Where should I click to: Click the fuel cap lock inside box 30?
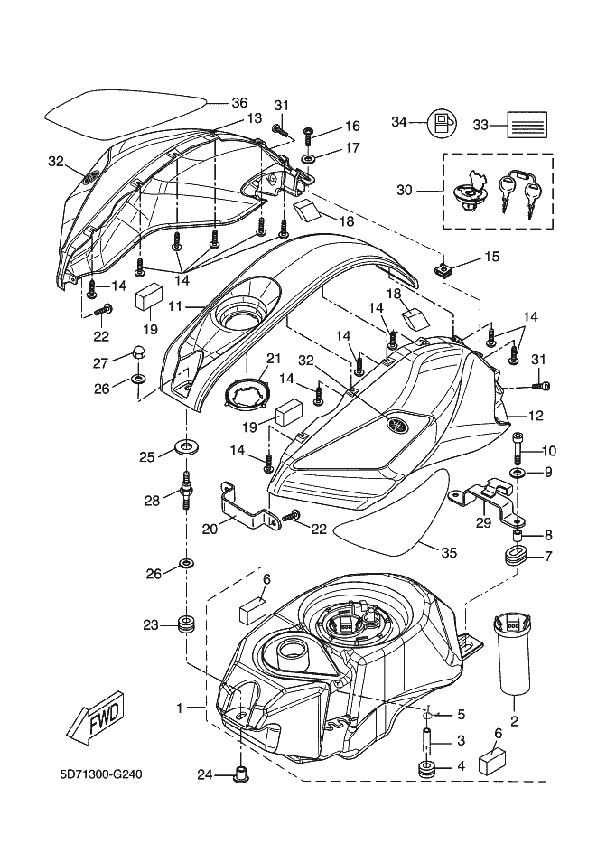tap(470, 195)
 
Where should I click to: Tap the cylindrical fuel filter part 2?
tap(512, 654)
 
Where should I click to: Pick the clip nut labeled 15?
tap(445, 268)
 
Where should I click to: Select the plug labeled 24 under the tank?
tap(241, 774)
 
